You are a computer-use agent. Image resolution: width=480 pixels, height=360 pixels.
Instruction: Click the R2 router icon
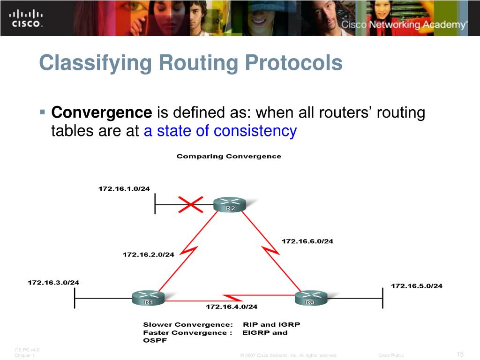click(230, 205)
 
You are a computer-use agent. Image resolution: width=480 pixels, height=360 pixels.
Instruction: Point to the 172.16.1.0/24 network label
click(124, 189)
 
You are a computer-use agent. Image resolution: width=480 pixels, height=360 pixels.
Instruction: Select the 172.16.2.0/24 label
click(148, 255)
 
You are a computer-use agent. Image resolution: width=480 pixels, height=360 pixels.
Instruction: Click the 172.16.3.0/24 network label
click(53, 283)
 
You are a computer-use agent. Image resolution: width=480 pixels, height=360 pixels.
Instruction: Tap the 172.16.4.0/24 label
click(232, 307)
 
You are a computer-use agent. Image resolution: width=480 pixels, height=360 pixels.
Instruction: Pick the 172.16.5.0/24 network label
click(416, 285)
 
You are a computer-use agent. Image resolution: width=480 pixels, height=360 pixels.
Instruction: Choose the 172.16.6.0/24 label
click(307, 241)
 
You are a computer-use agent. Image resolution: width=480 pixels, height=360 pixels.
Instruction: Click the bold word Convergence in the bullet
click(102, 113)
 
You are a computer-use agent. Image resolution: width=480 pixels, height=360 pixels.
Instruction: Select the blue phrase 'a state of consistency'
click(220, 131)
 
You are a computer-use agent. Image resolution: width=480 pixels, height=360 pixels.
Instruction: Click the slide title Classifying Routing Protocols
click(191, 63)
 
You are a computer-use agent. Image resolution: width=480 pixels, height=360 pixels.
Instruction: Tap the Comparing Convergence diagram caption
click(229, 157)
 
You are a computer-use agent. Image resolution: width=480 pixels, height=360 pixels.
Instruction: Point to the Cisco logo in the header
click(26, 18)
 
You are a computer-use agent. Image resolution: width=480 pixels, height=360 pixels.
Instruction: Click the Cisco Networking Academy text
click(404, 25)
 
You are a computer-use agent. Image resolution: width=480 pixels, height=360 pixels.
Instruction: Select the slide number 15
click(459, 354)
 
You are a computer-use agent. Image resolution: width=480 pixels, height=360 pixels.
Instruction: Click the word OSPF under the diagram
click(155, 341)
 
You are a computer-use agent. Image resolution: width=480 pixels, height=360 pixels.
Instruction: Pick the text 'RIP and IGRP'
click(271, 324)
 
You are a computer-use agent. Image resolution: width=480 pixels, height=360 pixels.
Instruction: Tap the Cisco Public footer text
click(391, 355)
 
